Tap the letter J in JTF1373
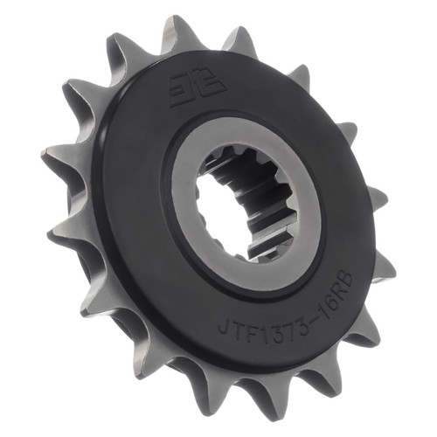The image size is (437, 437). click(x=225, y=329)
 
